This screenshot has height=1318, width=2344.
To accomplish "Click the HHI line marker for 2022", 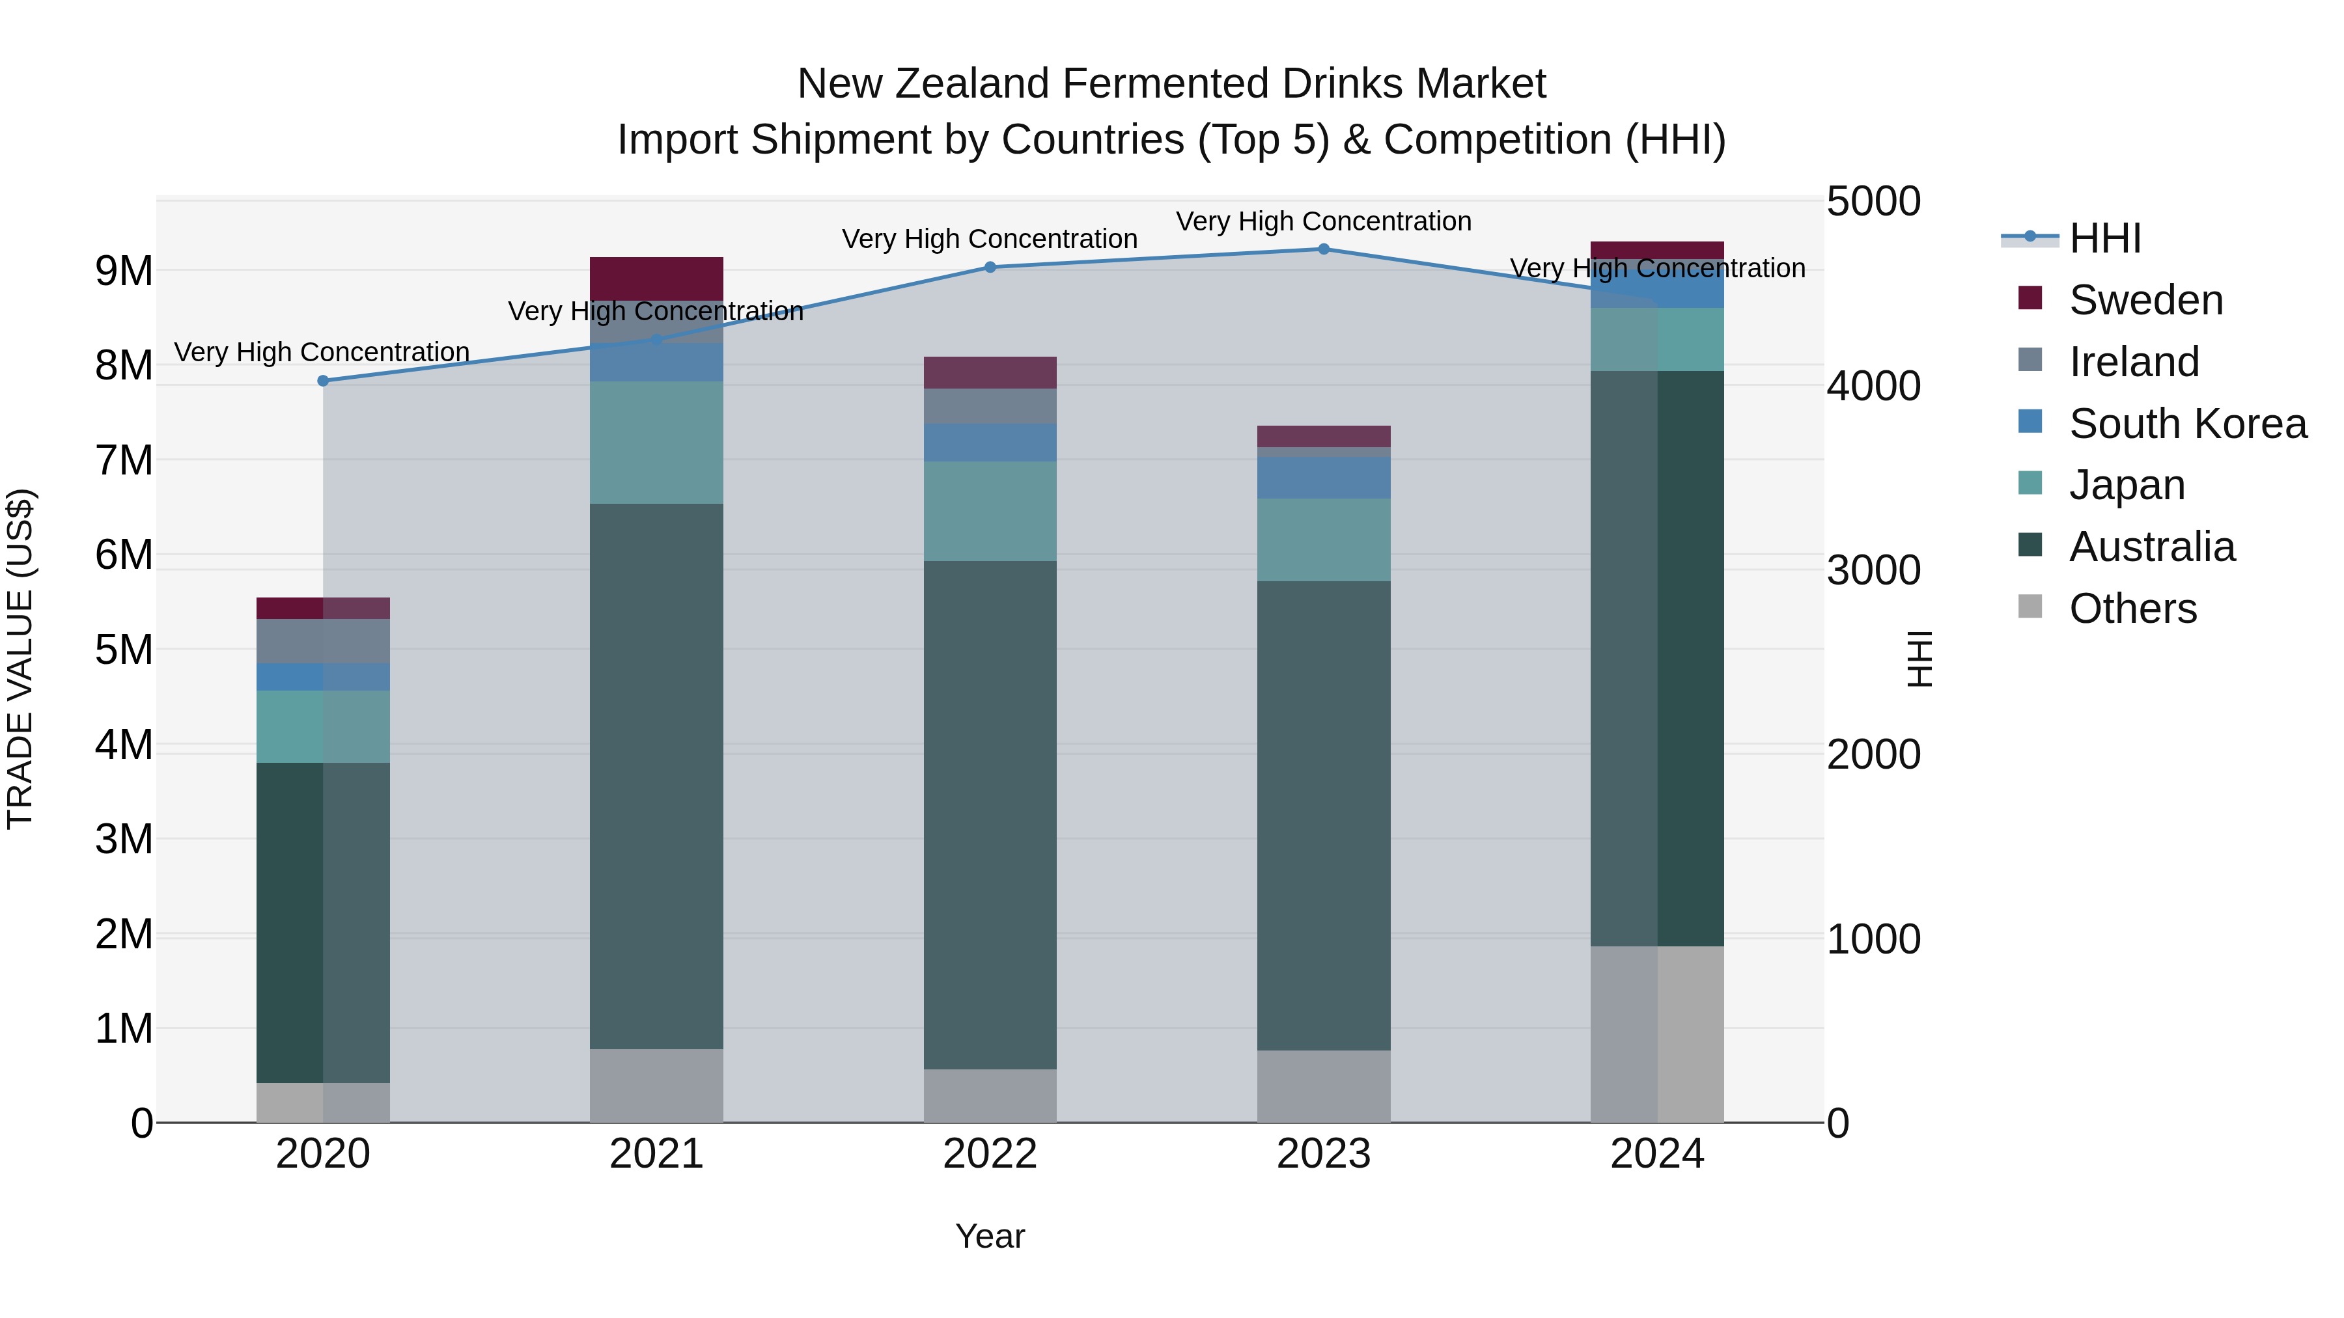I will (x=990, y=268).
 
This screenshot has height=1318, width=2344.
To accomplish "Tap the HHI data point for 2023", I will (x=1324, y=249).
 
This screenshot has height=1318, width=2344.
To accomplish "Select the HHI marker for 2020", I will (x=323, y=381).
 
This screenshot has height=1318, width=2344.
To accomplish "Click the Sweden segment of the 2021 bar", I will (x=656, y=279).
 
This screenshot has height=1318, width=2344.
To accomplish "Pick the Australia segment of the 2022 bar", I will (x=990, y=814).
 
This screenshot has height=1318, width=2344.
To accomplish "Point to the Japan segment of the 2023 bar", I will (x=1324, y=540).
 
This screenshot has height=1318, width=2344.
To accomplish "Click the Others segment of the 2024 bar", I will (x=1657, y=1034).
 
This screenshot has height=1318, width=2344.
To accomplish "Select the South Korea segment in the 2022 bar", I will (x=990, y=442).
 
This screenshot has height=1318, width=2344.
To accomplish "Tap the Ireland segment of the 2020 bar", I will (x=323, y=641).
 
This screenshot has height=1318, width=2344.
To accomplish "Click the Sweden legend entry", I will (x=2145, y=300).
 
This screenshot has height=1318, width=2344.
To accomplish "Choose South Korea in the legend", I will (x=2188, y=424).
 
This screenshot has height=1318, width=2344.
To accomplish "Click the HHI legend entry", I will (x=2104, y=238).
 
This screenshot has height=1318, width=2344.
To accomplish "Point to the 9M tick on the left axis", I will (x=124, y=271).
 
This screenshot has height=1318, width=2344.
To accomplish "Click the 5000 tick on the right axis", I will (x=1873, y=202).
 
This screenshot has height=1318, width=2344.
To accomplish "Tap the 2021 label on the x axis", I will (x=656, y=1154).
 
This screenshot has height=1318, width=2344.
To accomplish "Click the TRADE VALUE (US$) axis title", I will (x=20, y=659).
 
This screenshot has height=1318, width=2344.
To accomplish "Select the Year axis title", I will (x=990, y=1236).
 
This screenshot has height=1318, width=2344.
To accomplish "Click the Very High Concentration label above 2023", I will (x=1324, y=222).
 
